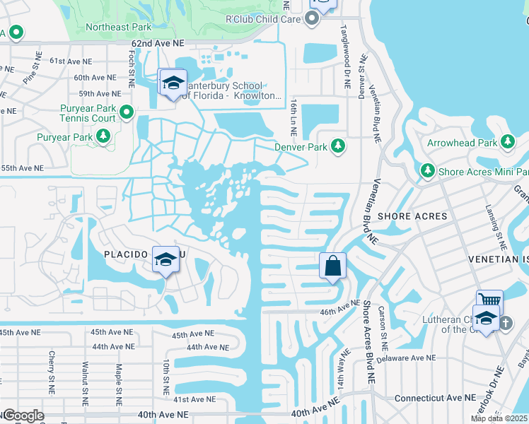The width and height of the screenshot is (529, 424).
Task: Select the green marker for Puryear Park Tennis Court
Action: click(x=127, y=112)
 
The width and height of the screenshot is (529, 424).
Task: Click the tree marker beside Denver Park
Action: click(x=339, y=146)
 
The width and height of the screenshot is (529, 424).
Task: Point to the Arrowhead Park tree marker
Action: click(x=507, y=142)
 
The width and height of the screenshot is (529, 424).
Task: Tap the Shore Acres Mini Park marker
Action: click(x=427, y=170)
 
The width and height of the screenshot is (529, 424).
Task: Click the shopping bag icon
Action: click(x=332, y=267)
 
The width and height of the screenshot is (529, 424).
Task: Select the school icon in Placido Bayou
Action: click(x=165, y=261)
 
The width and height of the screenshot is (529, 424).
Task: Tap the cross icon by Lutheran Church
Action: click(x=506, y=323)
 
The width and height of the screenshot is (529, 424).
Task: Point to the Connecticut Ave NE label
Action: click(x=431, y=399)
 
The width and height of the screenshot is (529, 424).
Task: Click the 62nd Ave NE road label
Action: click(x=156, y=44)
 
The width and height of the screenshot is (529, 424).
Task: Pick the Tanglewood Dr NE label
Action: click(x=346, y=57)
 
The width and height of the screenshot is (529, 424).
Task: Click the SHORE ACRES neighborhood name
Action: click(x=412, y=216)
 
